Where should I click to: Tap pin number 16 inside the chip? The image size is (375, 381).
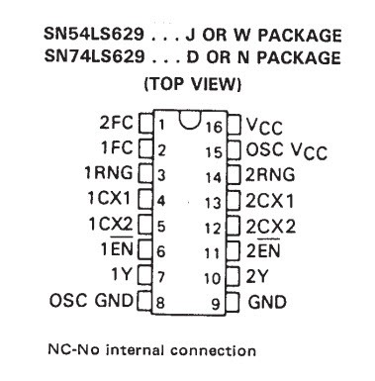215,127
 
